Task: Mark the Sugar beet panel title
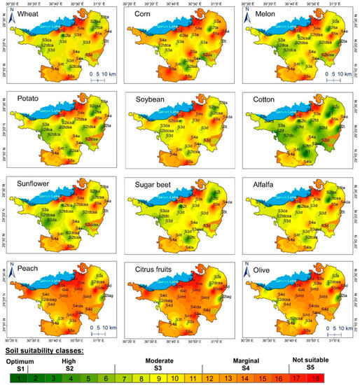(x=158, y=190)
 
